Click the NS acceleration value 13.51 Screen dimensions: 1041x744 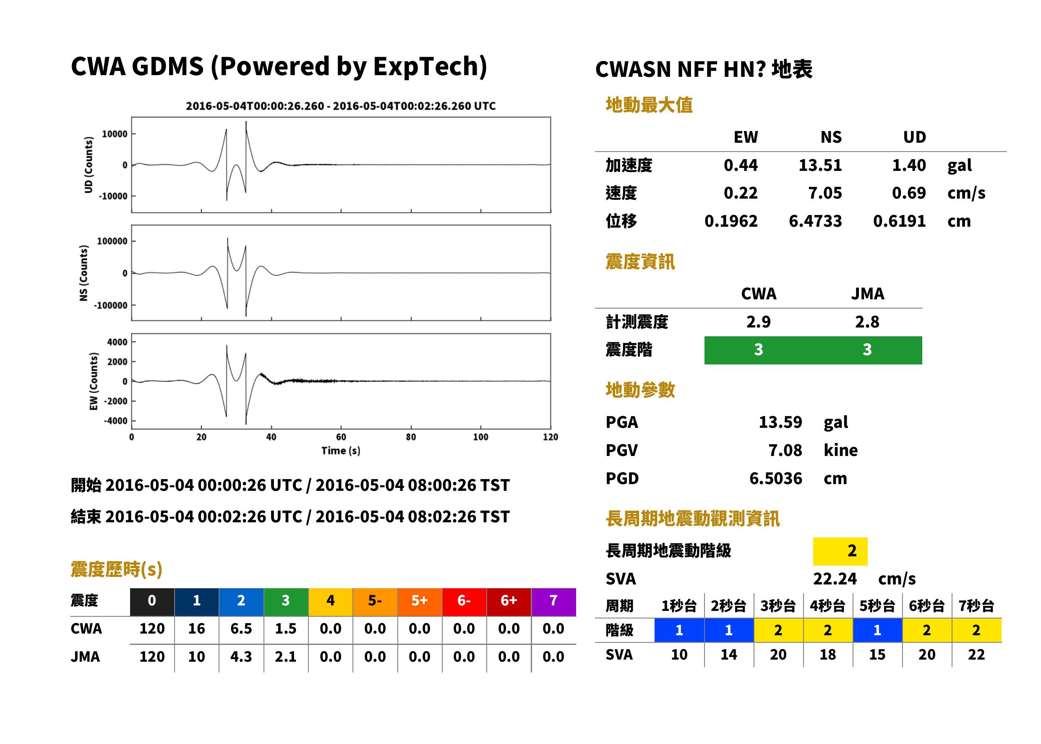pos(820,165)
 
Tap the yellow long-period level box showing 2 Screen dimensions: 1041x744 pos(840,551)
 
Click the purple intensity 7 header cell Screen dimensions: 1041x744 pos(553,600)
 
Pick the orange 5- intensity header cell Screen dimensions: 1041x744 pos(375,600)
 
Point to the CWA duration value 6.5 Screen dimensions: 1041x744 pos(241,629)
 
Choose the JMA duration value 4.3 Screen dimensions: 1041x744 pos(241,657)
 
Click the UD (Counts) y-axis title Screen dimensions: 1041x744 pos(89,165)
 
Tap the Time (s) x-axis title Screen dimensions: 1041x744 pos(341,451)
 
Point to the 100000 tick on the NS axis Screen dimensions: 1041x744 pos(112,241)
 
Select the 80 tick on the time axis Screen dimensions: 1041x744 pos(411,437)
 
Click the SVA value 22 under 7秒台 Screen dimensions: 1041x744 pos(976,655)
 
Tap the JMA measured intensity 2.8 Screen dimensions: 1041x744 pos(867,322)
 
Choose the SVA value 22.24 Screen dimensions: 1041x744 pos(835,579)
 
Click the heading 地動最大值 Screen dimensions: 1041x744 pos(649,105)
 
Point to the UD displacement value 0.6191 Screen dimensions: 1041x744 pos(899,221)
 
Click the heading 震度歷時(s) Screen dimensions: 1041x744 pos(117,569)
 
